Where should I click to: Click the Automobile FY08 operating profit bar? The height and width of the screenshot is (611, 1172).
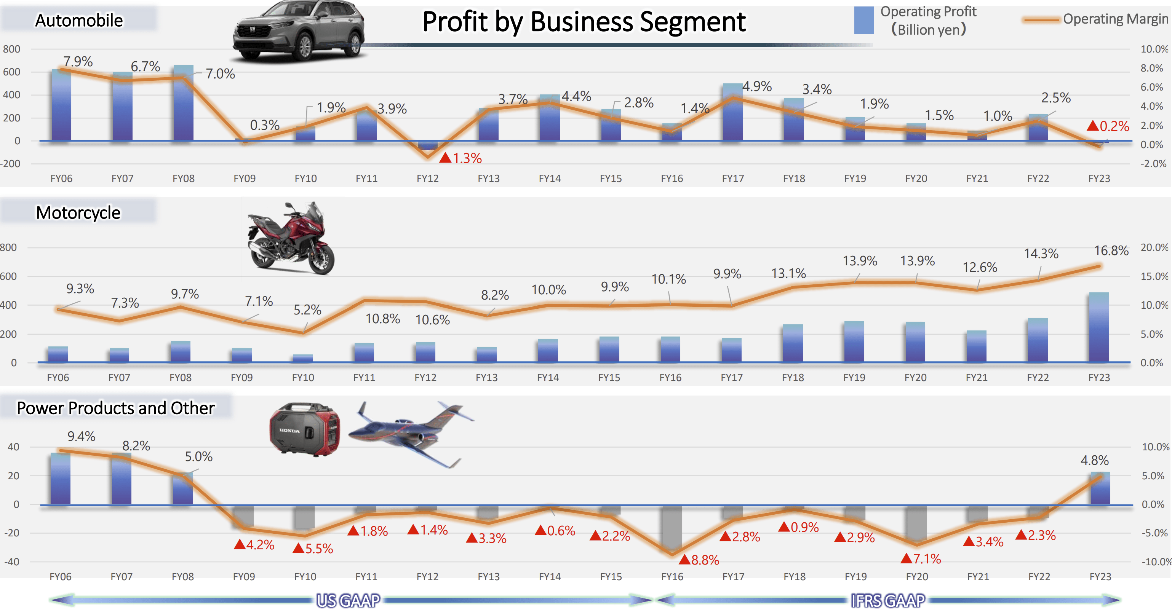tap(183, 105)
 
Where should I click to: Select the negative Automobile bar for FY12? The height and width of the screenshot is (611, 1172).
tap(428, 145)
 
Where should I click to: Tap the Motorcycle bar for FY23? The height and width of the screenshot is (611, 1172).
tap(1099, 327)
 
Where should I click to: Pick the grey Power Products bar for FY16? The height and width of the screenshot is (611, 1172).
tap(672, 527)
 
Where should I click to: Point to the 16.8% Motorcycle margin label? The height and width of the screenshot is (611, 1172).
tap(1111, 250)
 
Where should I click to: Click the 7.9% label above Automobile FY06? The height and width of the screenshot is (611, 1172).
tap(78, 61)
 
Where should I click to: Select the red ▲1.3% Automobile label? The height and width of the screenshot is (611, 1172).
tap(461, 158)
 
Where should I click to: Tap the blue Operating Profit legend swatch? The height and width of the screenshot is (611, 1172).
tap(863, 20)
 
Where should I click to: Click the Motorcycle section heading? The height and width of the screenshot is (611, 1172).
tap(78, 213)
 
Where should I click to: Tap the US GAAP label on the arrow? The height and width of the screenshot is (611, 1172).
tap(349, 601)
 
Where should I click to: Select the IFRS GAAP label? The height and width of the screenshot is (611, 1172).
tap(887, 601)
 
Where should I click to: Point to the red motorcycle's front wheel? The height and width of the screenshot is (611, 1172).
tap(321, 260)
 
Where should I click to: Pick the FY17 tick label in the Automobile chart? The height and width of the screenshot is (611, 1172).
tap(732, 179)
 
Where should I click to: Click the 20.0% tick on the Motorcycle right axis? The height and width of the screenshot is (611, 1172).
tap(1154, 248)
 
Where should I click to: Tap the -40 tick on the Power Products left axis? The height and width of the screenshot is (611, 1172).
tap(12, 562)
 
